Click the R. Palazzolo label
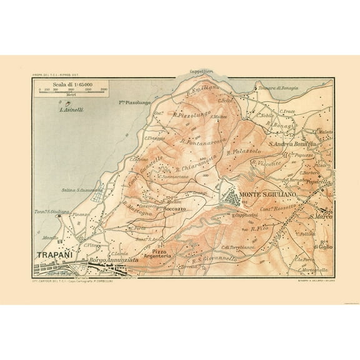point(242,151)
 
